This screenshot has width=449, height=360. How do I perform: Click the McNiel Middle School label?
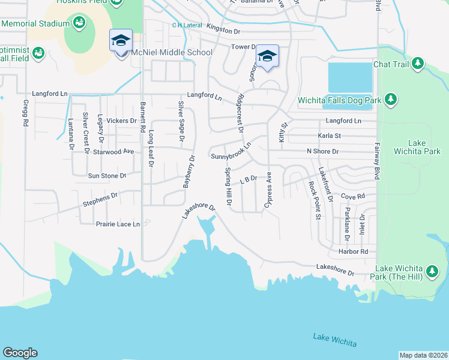click(169, 52)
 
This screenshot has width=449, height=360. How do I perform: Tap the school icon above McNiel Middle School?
click(120, 41)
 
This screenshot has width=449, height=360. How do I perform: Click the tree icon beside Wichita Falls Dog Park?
click(391, 100)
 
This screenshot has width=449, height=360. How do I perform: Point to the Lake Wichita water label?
click(334, 340)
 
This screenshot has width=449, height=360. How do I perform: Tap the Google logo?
click(20, 353)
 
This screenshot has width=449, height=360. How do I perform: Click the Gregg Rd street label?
click(26, 113)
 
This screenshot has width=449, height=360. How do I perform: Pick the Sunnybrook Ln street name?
click(231, 155)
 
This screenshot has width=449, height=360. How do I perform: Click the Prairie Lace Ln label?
click(118, 224)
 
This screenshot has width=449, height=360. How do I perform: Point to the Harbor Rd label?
click(352, 251)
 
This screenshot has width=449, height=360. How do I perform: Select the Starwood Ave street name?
click(113, 152)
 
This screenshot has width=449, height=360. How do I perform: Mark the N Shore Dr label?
click(322, 152)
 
